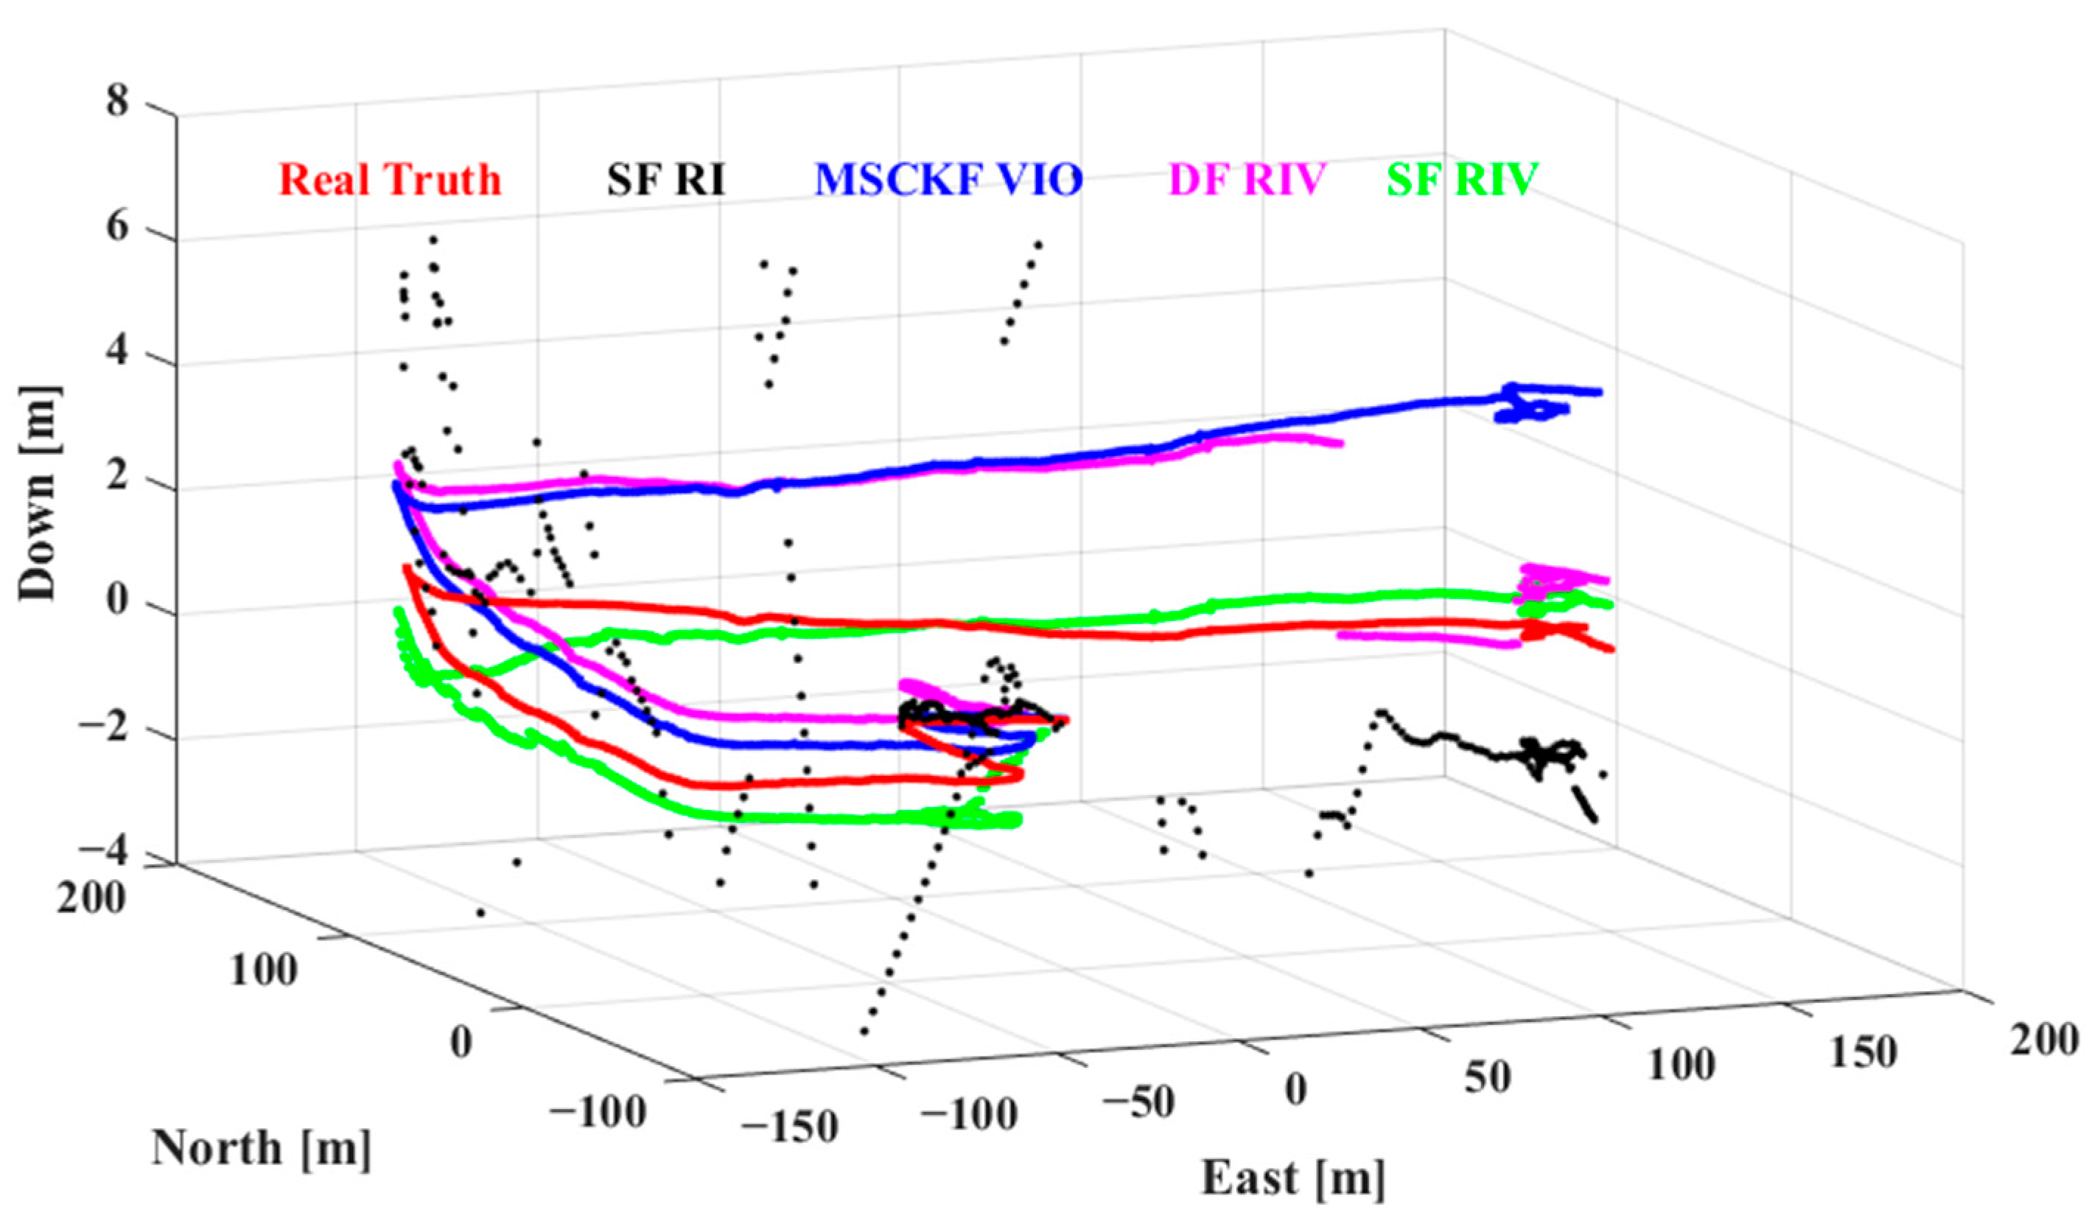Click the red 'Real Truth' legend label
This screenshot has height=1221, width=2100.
[390, 179]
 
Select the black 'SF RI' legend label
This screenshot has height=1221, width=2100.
[666, 179]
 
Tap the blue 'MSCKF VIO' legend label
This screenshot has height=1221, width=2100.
[948, 179]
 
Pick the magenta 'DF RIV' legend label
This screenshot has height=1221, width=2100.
[1247, 179]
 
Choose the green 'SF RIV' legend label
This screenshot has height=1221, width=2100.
[1463, 179]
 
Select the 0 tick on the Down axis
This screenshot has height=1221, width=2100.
[119, 603]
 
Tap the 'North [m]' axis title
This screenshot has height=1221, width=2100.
[261, 1149]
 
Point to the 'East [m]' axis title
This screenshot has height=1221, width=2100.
[1293, 1178]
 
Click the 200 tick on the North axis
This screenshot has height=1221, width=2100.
[91, 898]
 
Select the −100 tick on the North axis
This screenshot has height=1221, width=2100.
[597, 1112]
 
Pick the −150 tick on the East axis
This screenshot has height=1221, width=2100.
[789, 1127]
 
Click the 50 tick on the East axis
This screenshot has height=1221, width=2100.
[1488, 1077]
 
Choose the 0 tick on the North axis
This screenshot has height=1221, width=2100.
[461, 1041]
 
